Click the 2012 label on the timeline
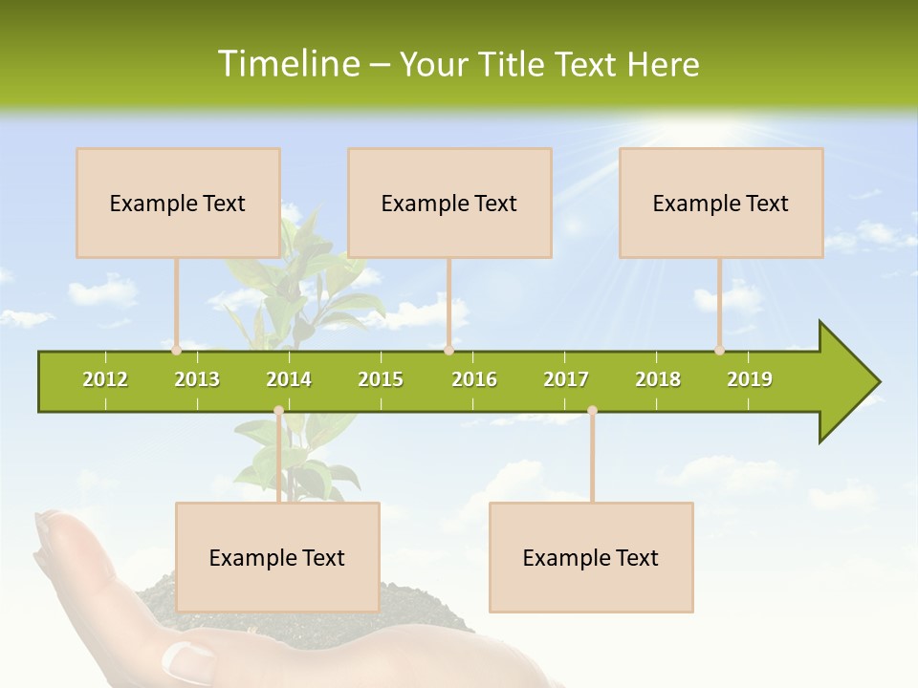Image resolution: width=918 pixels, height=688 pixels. [x=105, y=379]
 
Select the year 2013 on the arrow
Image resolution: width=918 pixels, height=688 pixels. [x=197, y=379]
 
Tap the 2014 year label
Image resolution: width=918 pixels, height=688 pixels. [x=289, y=379]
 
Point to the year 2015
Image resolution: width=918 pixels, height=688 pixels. [x=381, y=379]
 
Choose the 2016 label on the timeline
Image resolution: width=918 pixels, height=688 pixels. [x=474, y=379]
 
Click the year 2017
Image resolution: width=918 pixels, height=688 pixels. [x=566, y=379]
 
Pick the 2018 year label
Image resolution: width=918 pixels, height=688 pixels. [x=658, y=379]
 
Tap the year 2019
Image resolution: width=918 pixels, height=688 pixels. [x=750, y=379]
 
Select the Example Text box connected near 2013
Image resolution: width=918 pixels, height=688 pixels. [x=178, y=203]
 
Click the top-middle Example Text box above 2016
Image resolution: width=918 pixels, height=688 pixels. [x=449, y=203]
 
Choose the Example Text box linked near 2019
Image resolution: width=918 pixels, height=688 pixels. [x=721, y=203]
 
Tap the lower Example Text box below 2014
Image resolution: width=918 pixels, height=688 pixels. [x=277, y=557]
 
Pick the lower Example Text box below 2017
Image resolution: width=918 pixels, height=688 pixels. [x=591, y=557]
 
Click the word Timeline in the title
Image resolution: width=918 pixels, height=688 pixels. [x=286, y=64]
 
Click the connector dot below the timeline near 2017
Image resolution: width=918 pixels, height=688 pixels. [x=592, y=411]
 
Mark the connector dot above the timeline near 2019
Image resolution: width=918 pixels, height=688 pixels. [x=719, y=350]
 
